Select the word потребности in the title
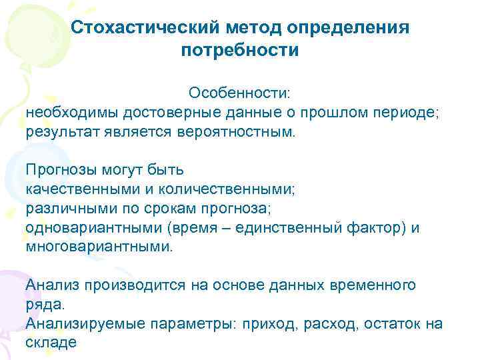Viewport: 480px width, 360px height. pyautogui.click(x=240, y=50)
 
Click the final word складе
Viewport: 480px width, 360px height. pyautogui.click(x=51, y=343)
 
